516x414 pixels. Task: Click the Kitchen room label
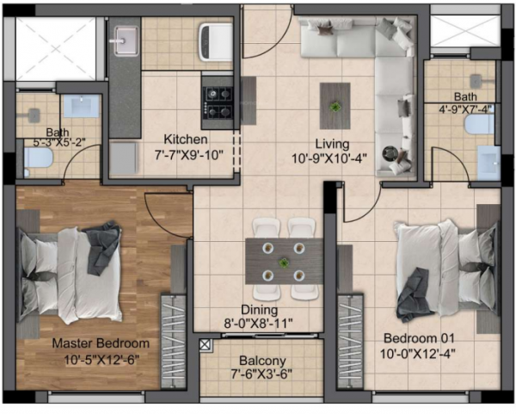pos(187,139)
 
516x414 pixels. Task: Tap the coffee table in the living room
pos(335,104)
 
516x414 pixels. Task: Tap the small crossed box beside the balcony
pos(206,345)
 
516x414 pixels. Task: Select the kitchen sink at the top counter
pos(126,40)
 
